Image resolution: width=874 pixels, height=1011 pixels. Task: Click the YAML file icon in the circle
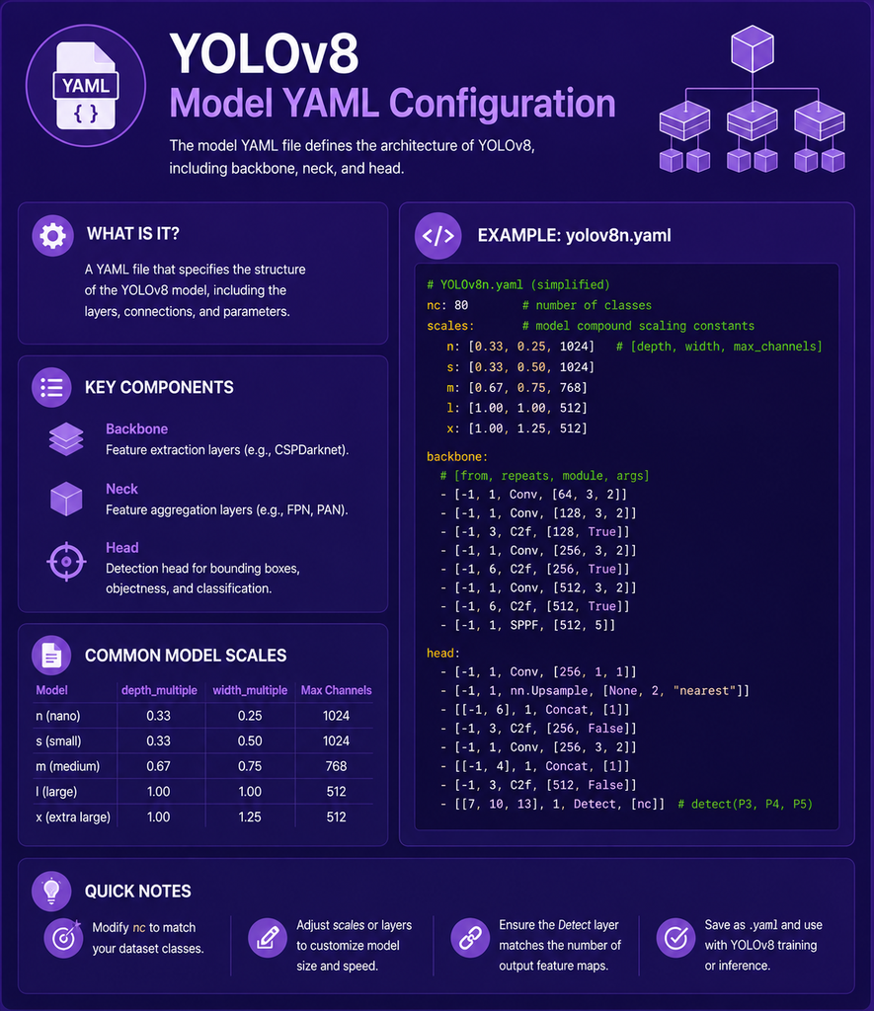86,85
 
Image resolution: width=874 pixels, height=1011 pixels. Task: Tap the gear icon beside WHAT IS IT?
52,236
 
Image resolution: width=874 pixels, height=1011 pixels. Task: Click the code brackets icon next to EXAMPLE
437,236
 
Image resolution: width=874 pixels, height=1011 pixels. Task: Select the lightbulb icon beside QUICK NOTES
51,892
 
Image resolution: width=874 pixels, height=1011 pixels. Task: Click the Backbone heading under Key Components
136,428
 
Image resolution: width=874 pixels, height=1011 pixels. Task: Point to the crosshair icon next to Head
66,562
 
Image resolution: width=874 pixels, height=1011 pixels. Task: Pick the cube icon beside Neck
66,499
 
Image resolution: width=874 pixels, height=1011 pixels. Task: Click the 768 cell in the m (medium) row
336,766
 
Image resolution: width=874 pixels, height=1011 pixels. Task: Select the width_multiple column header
250,690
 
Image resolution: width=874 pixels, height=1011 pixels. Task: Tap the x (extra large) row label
73,817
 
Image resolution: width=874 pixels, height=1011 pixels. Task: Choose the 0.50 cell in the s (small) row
250,740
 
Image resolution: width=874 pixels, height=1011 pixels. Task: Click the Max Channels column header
336,690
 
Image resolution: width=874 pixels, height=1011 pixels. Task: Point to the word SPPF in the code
523,625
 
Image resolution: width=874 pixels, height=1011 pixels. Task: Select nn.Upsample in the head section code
549,690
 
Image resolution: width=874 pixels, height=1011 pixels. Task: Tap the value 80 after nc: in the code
461,305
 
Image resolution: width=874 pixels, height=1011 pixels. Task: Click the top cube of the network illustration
753,48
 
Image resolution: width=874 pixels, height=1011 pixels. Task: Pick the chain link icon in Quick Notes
470,938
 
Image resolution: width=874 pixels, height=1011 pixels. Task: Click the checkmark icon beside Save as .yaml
675,938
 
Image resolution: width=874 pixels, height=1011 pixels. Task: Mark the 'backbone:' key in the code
457,456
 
